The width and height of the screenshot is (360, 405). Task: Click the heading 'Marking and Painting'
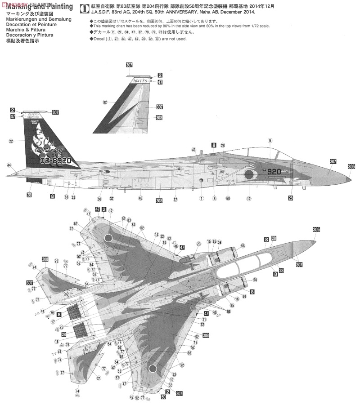click(x=40, y=6)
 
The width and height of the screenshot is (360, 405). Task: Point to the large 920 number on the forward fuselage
click(x=274, y=171)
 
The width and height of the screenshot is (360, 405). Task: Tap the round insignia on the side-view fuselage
click(x=248, y=175)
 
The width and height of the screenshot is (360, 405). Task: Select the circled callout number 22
click(x=11, y=141)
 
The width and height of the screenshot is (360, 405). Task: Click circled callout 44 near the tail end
click(x=9, y=165)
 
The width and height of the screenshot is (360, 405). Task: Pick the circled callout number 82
click(x=105, y=102)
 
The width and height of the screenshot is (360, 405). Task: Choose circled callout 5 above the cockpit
click(x=270, y=141)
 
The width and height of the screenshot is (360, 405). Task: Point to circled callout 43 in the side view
click(x=193, y=150)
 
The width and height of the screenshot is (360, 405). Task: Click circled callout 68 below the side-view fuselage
click(x=228, y=198)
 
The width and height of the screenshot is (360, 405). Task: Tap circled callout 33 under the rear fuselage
click(x=73, y=197)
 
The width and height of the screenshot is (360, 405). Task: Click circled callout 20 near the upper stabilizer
click(x=56, y=261)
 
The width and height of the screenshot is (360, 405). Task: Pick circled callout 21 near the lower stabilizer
click(x=99, y=378)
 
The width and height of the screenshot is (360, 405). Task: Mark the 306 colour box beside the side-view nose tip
click(x=351, y=166)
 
